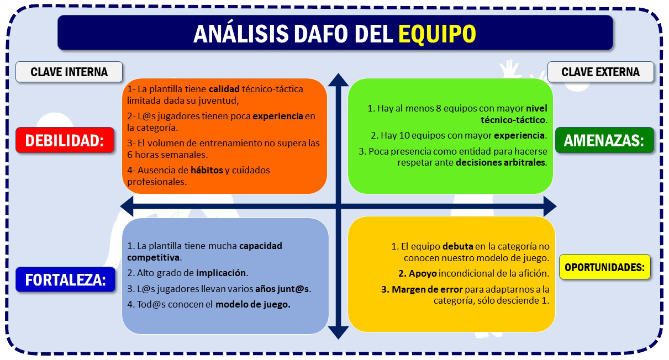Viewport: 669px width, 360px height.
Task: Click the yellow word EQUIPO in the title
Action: coord(437,34)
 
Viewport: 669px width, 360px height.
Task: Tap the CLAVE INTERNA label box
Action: coord(69,72)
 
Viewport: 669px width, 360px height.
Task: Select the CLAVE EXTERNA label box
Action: coord(600,72)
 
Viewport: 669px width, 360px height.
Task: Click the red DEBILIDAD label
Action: coord(65,140)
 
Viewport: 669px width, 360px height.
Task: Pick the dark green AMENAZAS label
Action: coord(604,140)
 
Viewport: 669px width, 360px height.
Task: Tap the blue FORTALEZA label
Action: coord(65,280)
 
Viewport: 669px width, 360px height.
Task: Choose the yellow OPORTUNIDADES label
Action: coord(605,267)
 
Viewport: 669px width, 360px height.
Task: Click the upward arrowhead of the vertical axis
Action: coord(339,80)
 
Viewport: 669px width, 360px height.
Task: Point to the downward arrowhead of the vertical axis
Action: coord(339,332)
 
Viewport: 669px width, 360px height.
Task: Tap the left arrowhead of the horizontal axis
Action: coord(127,207)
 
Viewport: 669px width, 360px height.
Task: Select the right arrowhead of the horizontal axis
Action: coord(550,207)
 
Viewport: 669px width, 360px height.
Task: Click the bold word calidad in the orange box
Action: coord(224,89)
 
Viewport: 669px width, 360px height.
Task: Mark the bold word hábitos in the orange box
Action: coord(207,170)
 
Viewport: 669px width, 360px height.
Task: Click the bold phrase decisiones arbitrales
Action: coord(501,162)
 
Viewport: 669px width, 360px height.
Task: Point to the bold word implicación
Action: coord(221,273)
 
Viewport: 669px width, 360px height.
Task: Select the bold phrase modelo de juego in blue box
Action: coord(252,304)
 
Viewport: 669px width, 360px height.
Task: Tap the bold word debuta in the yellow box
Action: coord(458,247)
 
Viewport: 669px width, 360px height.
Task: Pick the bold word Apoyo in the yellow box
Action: coord(423,274)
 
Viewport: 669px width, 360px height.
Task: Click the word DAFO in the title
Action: coord(321,34)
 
